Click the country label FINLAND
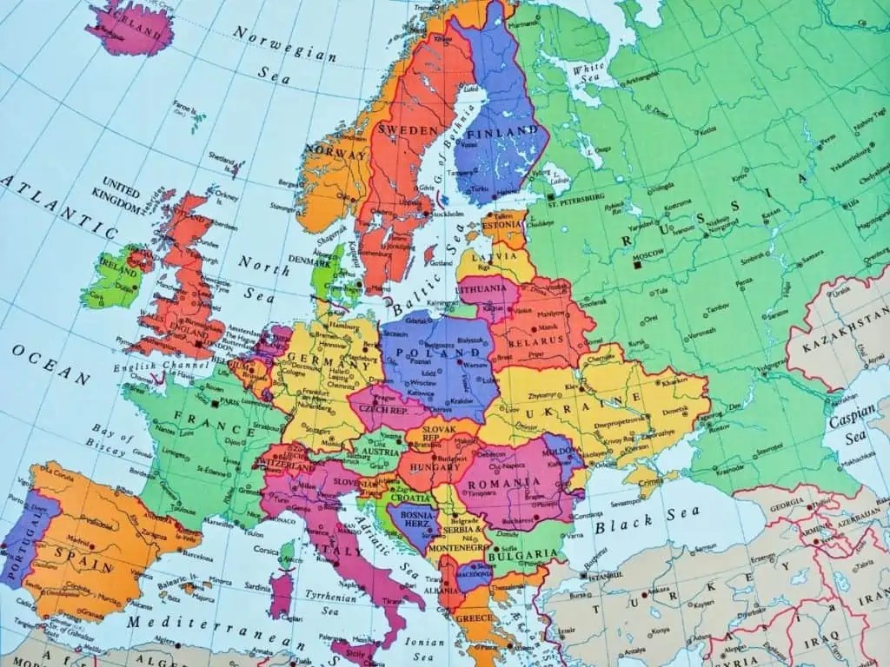point(501,131)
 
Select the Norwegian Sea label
point(283,43)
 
